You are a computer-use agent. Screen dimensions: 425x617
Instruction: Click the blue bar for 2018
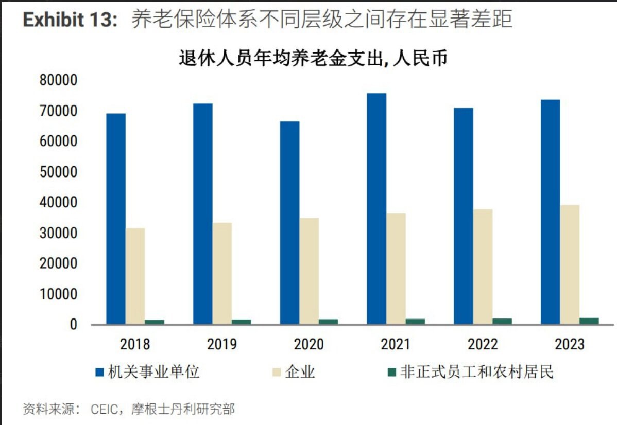(116, 219)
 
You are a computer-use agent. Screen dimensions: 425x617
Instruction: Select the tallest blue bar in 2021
(376, 208)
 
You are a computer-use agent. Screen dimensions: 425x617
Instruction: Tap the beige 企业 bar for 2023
(570, 264)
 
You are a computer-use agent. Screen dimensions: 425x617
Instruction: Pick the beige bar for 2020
(309, 271)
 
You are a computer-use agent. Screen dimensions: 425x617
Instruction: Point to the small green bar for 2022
(502, 321)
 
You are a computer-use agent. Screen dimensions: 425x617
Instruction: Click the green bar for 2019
(242, 322)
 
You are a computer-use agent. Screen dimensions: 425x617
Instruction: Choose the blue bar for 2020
(290, 222)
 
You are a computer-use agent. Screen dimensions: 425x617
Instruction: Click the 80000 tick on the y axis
(58, 81)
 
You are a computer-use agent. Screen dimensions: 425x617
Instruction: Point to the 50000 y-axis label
(58, 172)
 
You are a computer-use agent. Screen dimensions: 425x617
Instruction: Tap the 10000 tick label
(58, 294)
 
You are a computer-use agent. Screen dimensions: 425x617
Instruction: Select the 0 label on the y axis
(74, 325)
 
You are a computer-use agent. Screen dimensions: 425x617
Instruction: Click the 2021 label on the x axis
(396, 344)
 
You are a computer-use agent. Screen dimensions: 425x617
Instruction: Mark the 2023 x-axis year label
(569, 344)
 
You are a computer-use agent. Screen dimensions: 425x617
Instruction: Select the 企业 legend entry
(300, 372)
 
